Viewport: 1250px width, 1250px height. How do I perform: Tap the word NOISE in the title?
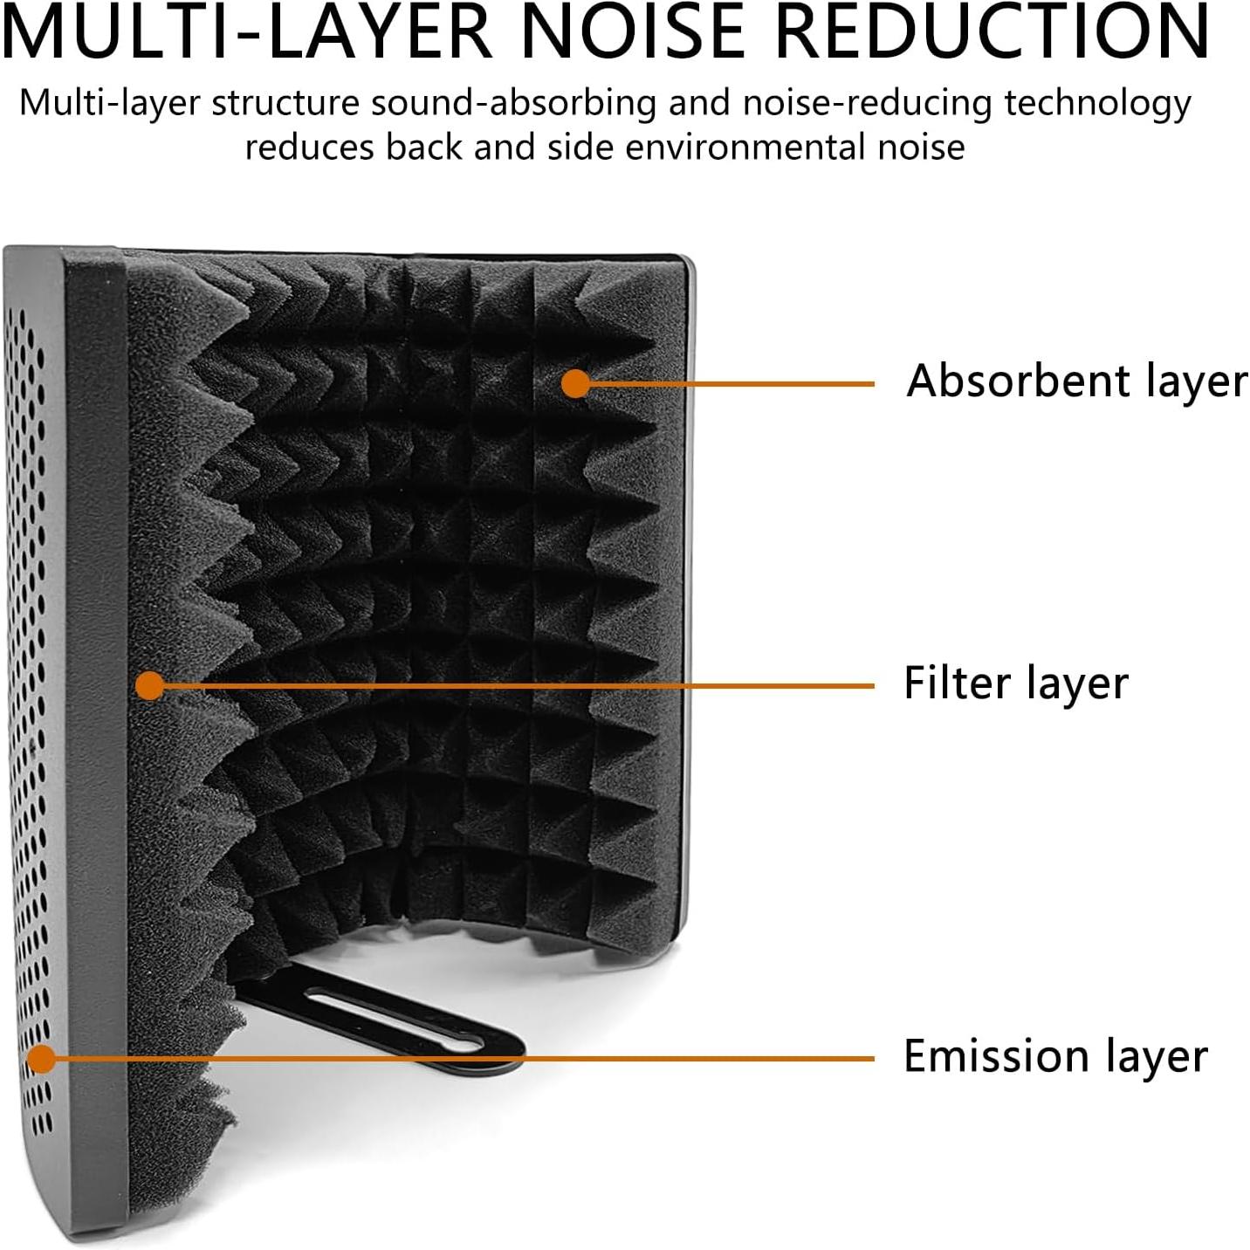(633, 31)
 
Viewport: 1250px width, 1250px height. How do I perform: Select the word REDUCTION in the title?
(992, 31)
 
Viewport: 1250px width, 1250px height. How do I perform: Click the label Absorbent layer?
(1077, 381)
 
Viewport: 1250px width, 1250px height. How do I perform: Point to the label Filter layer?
(1016, 683)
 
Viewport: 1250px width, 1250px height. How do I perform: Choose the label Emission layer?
(1055, 1056)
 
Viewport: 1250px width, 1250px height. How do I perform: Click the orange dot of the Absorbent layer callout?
(575, 383)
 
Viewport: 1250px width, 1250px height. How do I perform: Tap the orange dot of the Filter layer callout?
(150, 685)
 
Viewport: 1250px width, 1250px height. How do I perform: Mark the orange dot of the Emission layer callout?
(40, 1059)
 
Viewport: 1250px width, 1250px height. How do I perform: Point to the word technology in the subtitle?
(1097, 104)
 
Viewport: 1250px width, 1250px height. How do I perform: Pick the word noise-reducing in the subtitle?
(867, 104)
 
